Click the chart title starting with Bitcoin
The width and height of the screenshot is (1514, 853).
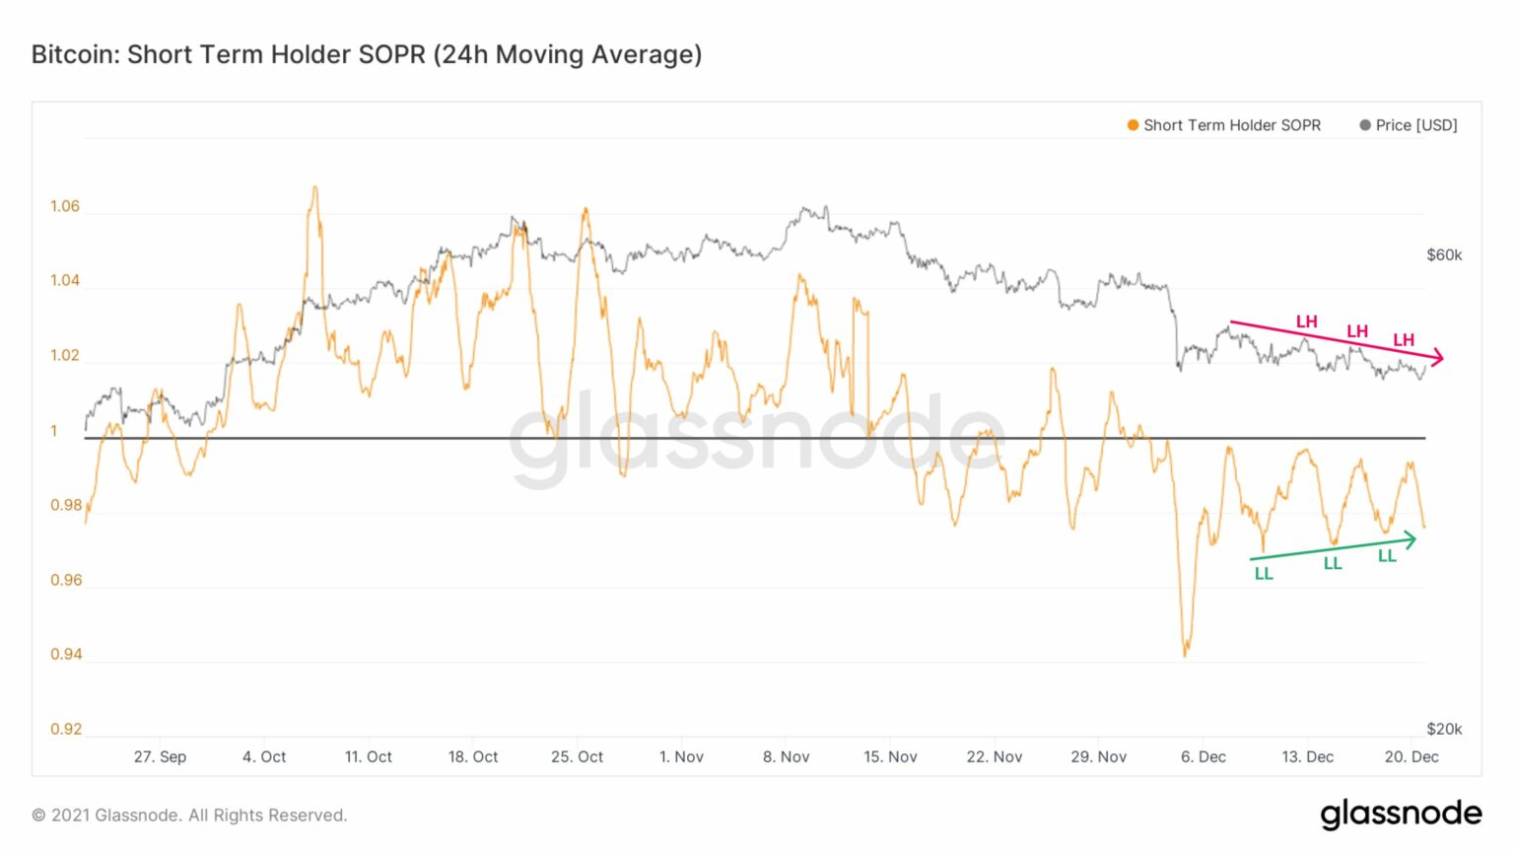click(x=367, y=55)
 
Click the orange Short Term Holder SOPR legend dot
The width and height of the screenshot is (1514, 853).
click(x=1133, y=125)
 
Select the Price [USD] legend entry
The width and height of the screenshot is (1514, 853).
click(x=1409, y=125)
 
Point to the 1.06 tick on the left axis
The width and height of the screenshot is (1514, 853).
click(x=65, y=206)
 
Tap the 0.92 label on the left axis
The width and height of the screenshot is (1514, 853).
click(x=66, y=729)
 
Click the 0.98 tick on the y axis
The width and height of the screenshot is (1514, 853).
click(x=66, y=505)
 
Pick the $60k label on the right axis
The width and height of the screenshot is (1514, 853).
click(x=1444, y=255)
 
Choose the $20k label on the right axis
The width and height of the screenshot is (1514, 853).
click(x=1444, y=729)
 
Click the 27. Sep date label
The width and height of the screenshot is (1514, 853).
click(x=161, y=757)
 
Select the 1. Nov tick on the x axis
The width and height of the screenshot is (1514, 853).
click(x=681, y=757)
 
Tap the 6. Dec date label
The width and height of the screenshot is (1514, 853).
click(x=1204, y=757)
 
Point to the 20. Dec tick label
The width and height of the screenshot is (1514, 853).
click(x=1411, y=757)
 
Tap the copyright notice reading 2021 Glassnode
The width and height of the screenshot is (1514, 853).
click(x=189, y=816)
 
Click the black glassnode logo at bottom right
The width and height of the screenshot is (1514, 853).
click(x=1401, y=814)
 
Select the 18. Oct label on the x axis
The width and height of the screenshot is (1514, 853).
click(x=472, y=757)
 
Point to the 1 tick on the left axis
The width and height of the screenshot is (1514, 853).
click(x=54, y=431)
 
